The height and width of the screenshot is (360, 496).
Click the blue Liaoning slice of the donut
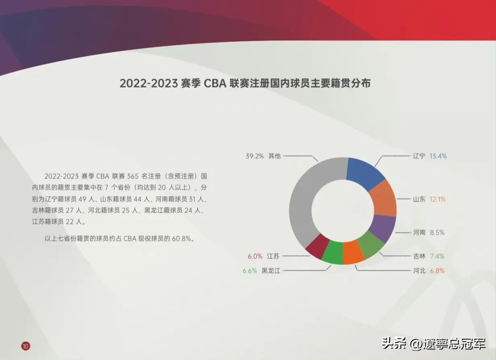pos(364,173)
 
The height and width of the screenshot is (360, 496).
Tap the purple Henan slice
pos(381,228)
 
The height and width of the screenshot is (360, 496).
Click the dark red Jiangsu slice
pos(315,246)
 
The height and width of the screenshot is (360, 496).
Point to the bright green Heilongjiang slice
pos(332,252)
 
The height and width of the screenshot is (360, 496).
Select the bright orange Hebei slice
pos(353,252)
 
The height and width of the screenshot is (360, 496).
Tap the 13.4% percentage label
pos(438,156)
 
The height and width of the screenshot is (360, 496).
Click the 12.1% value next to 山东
pos(437,199)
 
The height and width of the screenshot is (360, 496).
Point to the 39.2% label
pos(255,156)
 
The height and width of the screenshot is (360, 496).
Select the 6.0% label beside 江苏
pos(255,256)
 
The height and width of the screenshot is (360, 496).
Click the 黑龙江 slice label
pos(271,271)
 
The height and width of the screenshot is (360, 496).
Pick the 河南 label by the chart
pos(419,233)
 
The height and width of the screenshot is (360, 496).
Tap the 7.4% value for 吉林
pos(437,256)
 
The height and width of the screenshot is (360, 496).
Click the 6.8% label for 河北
pos(437,271)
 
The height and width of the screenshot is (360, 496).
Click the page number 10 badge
pos(26,345)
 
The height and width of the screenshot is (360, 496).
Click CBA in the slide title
pos(215,83)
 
